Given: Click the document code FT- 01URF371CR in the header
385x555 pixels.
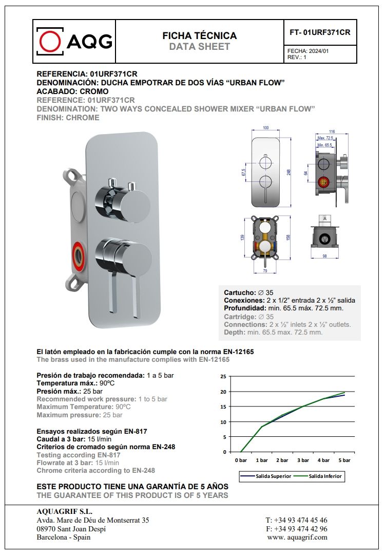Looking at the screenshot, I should coord(320,32).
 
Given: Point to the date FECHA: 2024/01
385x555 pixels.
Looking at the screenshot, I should coord(308,51).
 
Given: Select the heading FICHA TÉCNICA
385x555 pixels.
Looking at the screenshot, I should coord(200,35).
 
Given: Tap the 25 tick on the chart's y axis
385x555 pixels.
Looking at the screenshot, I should coord(223,377).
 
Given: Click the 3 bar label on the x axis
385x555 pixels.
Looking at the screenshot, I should coord(303,460).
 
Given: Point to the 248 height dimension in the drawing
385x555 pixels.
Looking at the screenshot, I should coord(288,173).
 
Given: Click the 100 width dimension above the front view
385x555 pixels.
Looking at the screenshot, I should coord(265,128).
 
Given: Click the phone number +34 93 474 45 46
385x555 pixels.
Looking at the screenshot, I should coord(296,521).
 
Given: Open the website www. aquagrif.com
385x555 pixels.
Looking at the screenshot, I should coord(297,537).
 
